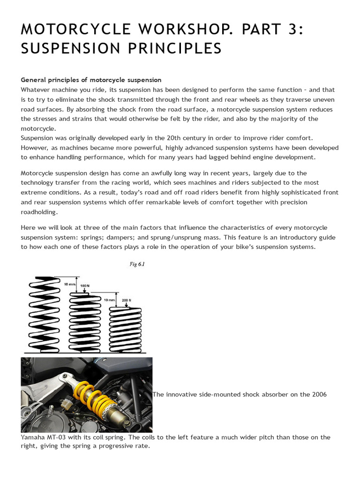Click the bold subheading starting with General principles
(x=91, y=80)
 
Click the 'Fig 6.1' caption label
(x=137, y=264)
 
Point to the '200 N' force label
(x=126, y=299)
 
